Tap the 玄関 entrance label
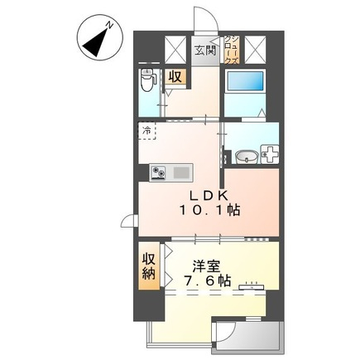pyautogui.click(x=205, y=50)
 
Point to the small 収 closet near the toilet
pyautogui.click(x=174, y=76)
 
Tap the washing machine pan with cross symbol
pyautogui.click(x=271, y=155)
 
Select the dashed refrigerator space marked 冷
pyautogui.click(x=146, y=131)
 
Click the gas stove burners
pyautogui.click(x=157, y=172)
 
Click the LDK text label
pyautogui.click(x=210, y=195)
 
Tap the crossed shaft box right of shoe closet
pyautogui.click(x=254, y=48)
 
